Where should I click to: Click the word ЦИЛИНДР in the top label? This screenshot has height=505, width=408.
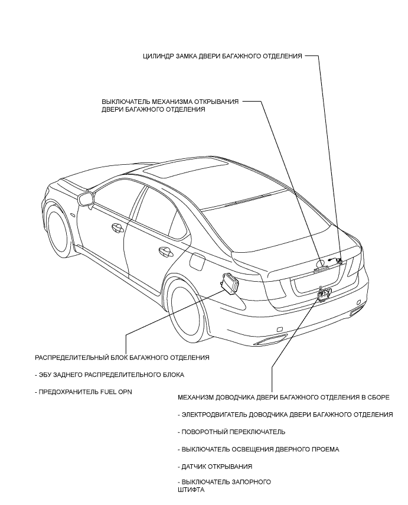click(x=161, y=57)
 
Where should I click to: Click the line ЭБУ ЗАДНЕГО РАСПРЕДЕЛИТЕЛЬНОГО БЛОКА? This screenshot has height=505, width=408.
click(x=110, y=374)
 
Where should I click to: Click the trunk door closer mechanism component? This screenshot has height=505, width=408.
click(x=324, y=292)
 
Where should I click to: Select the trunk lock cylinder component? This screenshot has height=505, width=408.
click(x=335, y=259)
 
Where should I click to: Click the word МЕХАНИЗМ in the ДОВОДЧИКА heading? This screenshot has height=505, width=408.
click(x=198, y=398)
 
